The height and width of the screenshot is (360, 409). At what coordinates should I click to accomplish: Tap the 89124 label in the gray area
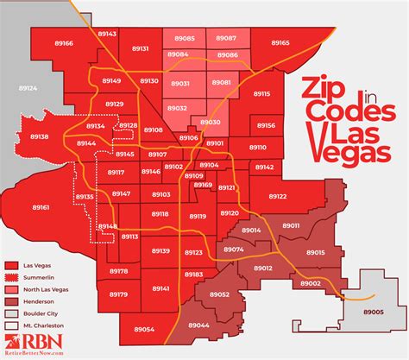click(x=28, y=89)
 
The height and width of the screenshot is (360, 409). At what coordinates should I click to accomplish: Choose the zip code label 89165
click(x=280, y=42)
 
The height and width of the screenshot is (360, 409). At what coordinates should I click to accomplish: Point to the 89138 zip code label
click(x=40, y=136)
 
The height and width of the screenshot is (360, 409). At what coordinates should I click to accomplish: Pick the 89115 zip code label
click(x=261, y=93)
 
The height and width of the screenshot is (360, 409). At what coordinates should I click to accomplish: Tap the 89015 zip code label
click(x=315, y=252)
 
